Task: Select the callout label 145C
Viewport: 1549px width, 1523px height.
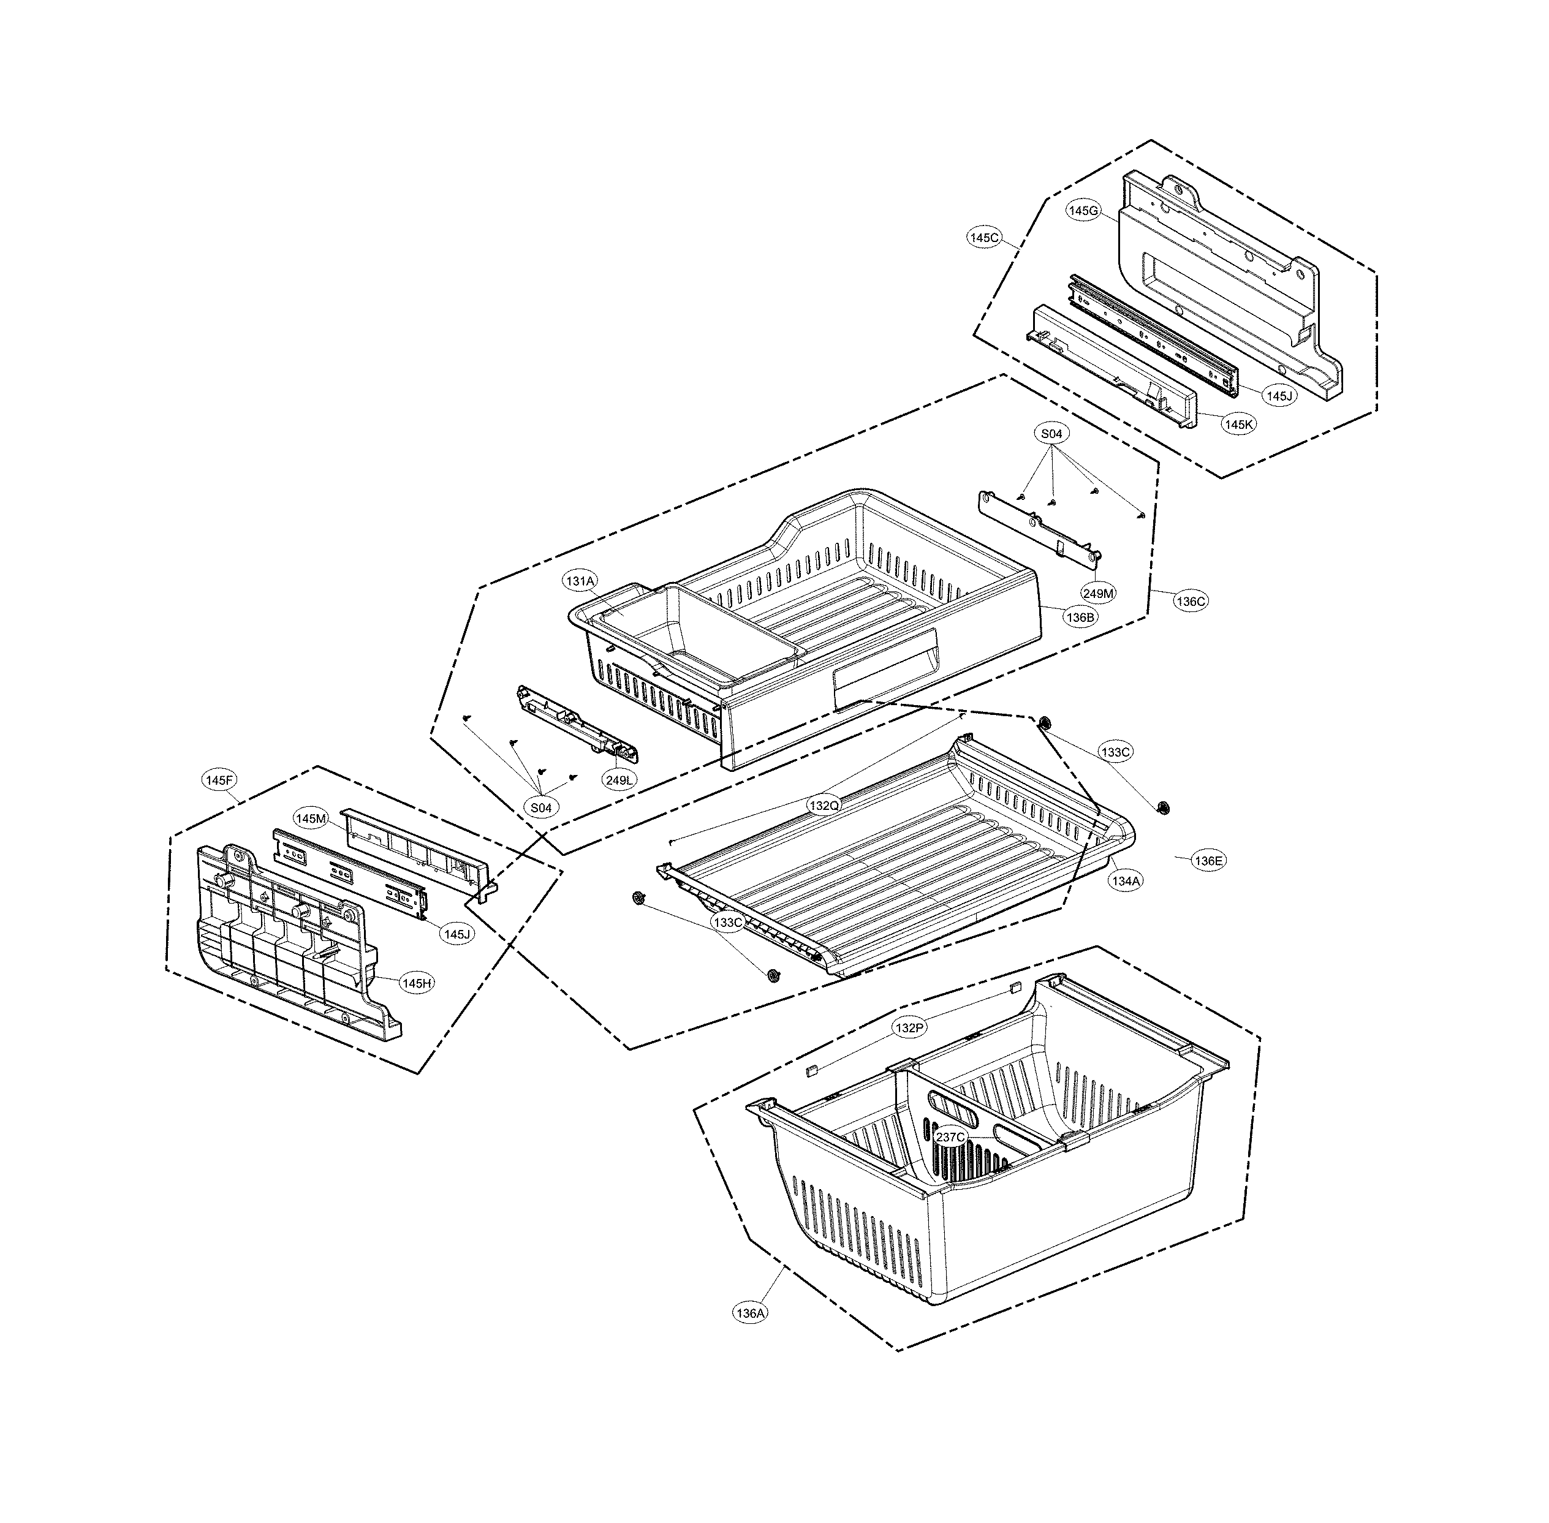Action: coord(984,238)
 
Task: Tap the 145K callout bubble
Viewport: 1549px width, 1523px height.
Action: coord(1238,425)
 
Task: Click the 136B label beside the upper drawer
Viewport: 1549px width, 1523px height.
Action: coord(1080,617)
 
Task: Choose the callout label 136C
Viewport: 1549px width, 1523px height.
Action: coord(1190,601)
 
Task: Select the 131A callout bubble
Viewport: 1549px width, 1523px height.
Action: coord(580,581)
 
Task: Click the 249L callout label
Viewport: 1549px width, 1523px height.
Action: coord(619,780)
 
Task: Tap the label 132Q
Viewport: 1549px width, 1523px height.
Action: coord(824,806)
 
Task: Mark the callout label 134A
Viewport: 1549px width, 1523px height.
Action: coord(1125,881)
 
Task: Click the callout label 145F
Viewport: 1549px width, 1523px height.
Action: coord(218,780)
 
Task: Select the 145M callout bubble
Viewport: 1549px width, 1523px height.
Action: coord(311,818)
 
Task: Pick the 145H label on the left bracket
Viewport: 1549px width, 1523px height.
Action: coord(416,983)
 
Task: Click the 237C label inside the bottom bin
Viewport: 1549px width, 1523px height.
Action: coord(950,1136)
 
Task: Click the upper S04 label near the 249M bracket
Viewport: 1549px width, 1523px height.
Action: coord(1051,434)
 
